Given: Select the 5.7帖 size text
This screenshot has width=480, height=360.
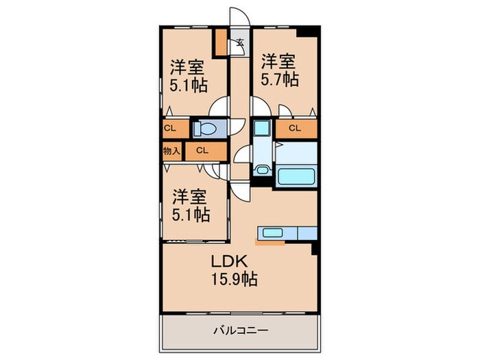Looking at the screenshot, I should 279,80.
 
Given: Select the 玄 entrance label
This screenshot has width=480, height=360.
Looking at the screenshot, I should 240,42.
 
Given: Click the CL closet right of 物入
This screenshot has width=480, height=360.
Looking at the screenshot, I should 202,150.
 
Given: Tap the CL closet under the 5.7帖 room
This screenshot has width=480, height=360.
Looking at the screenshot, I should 296,128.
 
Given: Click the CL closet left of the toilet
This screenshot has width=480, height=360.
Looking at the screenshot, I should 170,128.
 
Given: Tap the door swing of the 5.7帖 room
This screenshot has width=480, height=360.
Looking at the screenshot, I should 261,106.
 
